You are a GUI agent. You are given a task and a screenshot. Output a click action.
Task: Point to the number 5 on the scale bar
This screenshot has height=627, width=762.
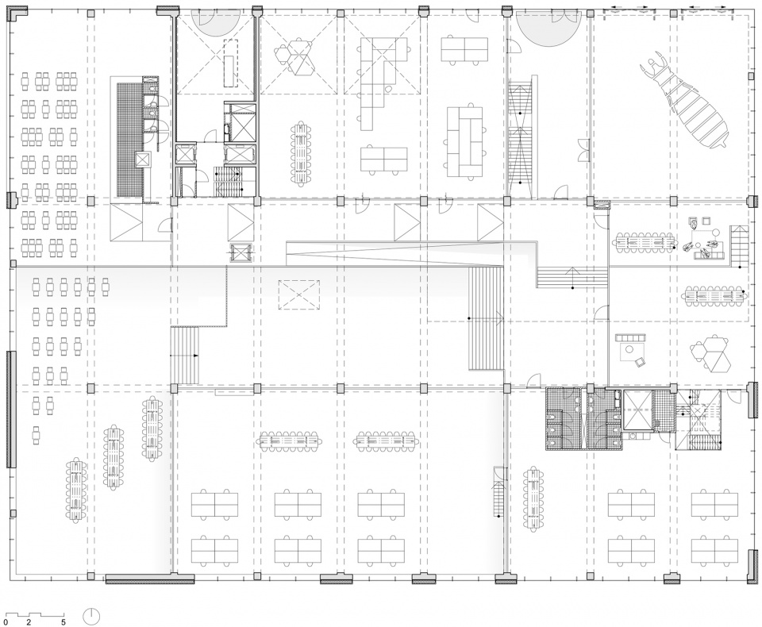pos(63,621)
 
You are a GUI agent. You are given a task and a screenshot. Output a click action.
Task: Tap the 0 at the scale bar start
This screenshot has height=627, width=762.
pos(6,621)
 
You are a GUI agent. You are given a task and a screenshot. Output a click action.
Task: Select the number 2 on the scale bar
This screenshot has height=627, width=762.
pos(29,621)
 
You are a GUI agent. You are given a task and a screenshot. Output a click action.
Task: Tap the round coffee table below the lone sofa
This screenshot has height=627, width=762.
pos(630,349)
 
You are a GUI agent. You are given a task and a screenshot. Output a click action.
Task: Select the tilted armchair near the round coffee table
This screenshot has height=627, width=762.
pos(640,361)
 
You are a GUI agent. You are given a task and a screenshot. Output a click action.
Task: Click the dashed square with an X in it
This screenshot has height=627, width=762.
pos(299,294)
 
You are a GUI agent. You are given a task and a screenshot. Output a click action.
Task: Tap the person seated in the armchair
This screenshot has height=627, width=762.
pos(694,224)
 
